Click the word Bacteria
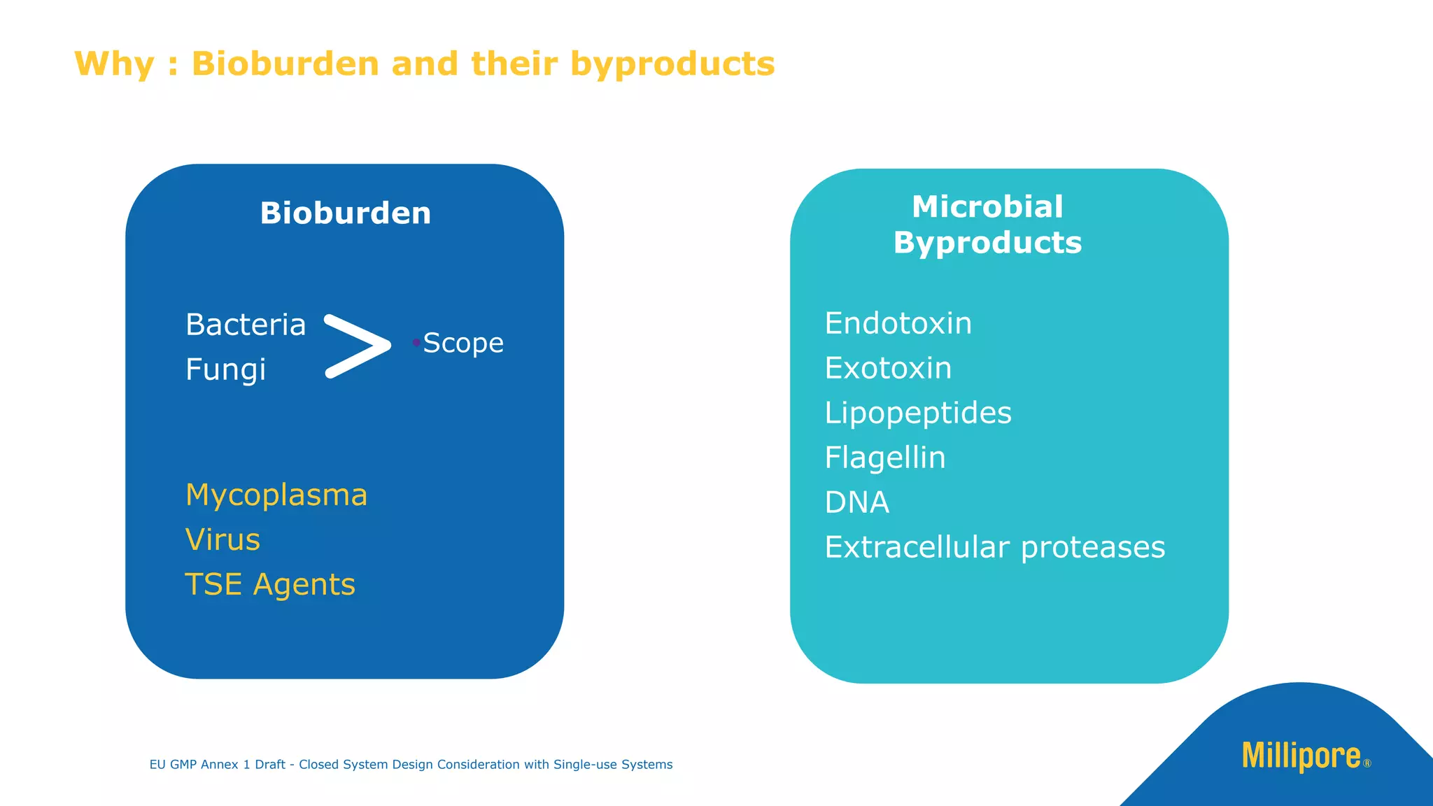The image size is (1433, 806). coord(246,325)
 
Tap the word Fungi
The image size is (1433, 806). coord(225,370)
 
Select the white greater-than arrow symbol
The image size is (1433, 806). coord(357,346)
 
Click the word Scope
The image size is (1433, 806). coord(463,344)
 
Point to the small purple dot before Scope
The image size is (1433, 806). coord(416,342)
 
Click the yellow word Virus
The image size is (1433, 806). coord(223,540)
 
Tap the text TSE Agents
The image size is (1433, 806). coord(270,585)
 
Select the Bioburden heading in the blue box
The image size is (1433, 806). coord(346,213)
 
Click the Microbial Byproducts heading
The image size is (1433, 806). coord(987,225)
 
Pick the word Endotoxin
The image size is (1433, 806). coord(898,324)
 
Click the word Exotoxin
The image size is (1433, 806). coord(888,369)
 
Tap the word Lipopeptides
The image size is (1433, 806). coord(918,413)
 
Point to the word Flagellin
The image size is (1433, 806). coord(885,458)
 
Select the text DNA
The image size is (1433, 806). coord(856,503)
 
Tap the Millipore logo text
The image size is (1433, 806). coord(1301,756)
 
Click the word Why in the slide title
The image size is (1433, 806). coord(114,64)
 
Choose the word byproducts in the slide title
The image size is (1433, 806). coord(672,64)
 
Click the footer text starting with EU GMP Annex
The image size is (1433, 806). coord(411,765)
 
